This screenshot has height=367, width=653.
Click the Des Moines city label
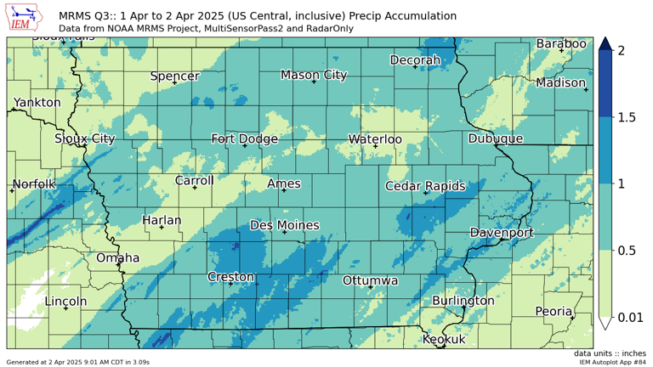(285, 225)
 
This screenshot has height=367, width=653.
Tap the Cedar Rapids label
(425, 186)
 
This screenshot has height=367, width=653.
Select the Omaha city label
(118, 257)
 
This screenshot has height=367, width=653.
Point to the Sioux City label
(85, 138)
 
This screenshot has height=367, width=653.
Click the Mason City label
(314, 75)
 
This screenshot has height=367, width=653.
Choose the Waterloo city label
(375, 139)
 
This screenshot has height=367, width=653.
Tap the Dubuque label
(496, 138)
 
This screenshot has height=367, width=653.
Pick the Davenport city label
(502, 232)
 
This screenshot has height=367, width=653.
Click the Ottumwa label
(371, 280)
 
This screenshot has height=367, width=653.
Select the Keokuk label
(445, 339)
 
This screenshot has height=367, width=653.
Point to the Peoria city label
(554, 311)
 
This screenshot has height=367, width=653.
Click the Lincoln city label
(65, 301)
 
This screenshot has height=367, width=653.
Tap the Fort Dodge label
(245, 139)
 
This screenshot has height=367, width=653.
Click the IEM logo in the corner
(28, 17)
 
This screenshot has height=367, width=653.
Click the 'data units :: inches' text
(610, 353)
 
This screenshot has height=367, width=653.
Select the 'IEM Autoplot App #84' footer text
(613, 363)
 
